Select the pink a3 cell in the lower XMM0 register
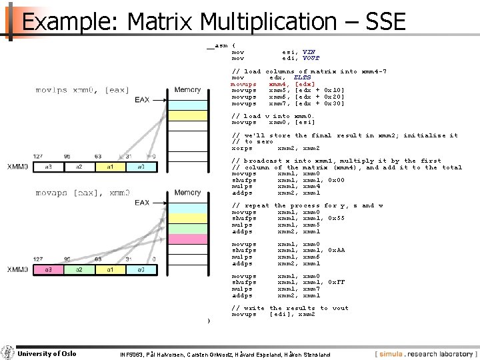(49, 269)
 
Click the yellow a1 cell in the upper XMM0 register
(111, 167)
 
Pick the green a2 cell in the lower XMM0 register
(80, 269)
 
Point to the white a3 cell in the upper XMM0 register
(49, 167)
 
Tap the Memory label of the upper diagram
(187, 90)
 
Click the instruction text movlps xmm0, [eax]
(79, 90)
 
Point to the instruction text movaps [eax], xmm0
(82, 193)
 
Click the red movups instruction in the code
(243, 84)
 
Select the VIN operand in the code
(309, 51)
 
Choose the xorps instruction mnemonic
(241, 148)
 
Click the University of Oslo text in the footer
(46, 353)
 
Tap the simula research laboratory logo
(425, 353)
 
